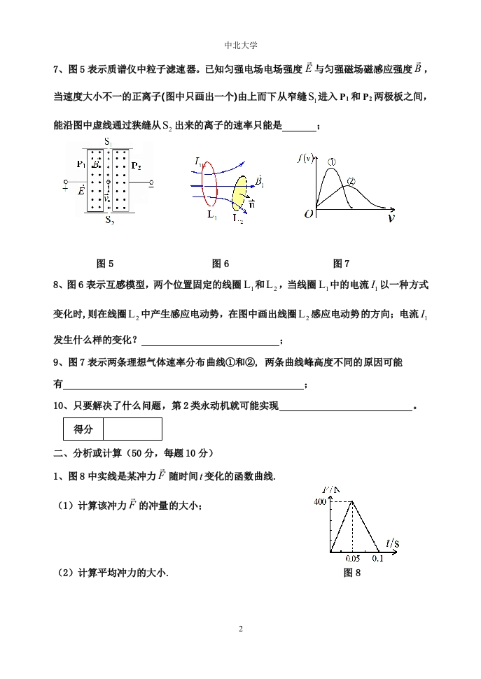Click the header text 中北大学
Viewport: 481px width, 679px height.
point(240,45)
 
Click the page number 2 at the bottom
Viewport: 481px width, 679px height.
point(240,629)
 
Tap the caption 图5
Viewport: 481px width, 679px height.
point(105,264)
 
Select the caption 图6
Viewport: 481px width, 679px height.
point(221,264)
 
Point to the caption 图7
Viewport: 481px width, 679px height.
point(341,264)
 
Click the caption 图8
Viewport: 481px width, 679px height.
point(352,573)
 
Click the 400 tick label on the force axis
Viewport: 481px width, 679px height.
point(320,501)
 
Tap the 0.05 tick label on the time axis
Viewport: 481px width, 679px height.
point(353,559)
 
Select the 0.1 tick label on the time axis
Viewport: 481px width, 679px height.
point(378,559)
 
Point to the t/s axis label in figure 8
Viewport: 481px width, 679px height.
point(392,543)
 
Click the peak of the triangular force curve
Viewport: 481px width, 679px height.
point(352,501)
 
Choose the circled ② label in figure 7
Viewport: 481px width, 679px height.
point(351,181)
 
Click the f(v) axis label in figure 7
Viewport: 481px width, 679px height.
point(306,158)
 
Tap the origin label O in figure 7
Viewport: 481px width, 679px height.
point(308,214)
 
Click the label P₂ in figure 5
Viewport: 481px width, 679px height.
point(136,166)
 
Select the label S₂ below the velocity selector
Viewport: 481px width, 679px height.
point(110,220)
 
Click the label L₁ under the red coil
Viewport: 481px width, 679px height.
point(212,215)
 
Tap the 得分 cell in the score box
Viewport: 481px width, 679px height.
point(83,429)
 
